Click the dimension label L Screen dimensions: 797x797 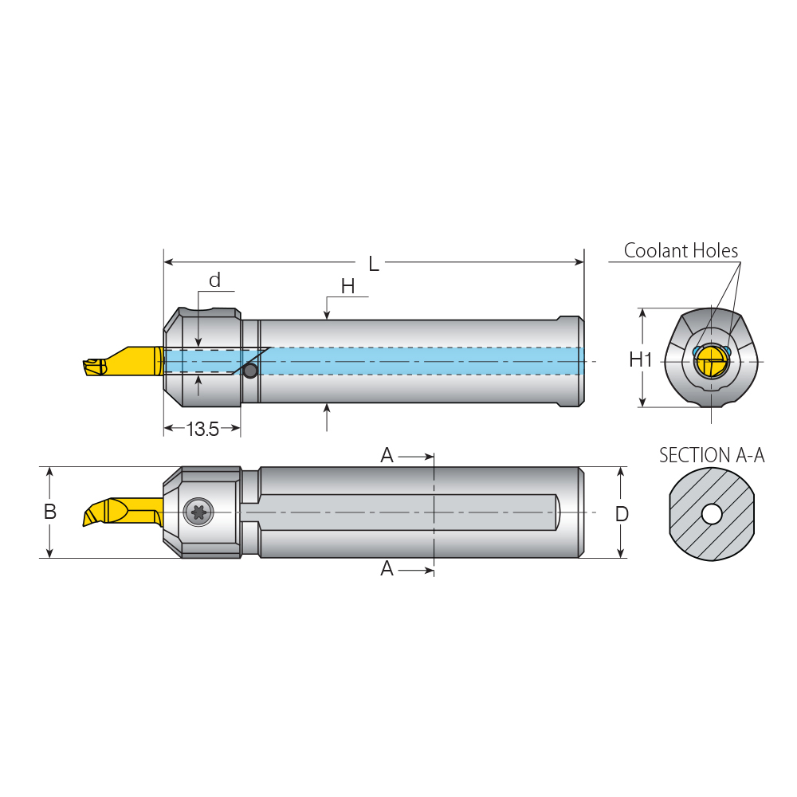point(373,264)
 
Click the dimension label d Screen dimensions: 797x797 point(214,281)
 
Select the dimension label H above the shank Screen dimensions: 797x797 point(347,287)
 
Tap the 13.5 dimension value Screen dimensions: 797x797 point(202,430)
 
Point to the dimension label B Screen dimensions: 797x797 point(49,512)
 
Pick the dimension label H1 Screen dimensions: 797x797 point(641,359)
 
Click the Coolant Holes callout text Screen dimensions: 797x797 point(681,251)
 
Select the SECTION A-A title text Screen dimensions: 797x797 point(711,456)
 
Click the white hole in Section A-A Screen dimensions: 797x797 point(712,515)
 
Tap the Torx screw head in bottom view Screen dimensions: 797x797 point(198,512)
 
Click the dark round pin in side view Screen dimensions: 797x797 point(250,371)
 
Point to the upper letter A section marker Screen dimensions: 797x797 point(387,455)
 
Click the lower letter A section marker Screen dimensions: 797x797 point(387,569)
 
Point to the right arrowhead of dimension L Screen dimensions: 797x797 point(580,261)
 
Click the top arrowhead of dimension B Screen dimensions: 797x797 point(49,472)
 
